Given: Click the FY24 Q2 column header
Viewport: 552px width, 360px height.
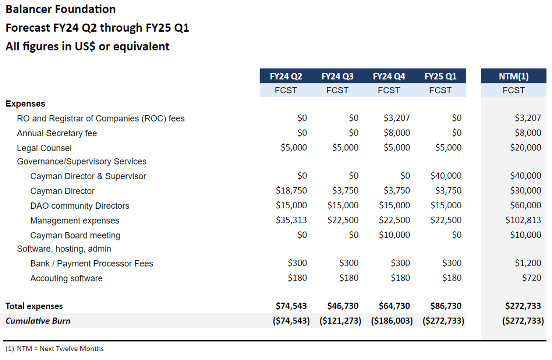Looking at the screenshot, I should [x=286, y=77].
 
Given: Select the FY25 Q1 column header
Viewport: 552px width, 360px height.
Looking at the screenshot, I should [x=440, y=77].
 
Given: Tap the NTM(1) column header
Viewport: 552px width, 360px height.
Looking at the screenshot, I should [x=513, y=77].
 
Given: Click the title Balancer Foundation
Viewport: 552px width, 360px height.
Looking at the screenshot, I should [x=61, y=9].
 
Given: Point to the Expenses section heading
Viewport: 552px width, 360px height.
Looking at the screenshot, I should [x=25, y=104].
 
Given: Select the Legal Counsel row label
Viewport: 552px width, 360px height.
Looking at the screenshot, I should [x=44, y=148].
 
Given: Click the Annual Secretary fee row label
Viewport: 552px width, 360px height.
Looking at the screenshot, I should [x=57, y=133].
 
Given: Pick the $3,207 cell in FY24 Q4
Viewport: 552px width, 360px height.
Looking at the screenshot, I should [x=396, y=118].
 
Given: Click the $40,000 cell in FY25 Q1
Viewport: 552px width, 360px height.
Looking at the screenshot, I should [x=446, y=176].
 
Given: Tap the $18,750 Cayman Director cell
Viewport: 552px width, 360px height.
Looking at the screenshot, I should [x=291, y=191].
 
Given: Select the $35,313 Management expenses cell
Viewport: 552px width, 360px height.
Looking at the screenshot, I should [x=291, y=220].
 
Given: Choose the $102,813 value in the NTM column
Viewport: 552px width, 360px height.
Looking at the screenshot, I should [x=523, y=220].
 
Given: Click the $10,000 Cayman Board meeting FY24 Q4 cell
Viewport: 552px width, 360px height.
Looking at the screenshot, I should [x=394, y=235].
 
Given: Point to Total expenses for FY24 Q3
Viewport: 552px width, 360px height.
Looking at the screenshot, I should [x=343, y=306].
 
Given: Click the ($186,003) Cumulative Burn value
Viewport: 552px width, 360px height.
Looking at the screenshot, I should [x=392, y=321].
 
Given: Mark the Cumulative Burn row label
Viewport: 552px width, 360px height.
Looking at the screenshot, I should [x=38, y=321].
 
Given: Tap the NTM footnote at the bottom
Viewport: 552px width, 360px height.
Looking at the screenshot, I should [x=55, y=349].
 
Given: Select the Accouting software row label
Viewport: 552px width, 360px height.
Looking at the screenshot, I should [x=66, y=278].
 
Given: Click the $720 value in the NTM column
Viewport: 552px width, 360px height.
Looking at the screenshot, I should [x=531, y=278].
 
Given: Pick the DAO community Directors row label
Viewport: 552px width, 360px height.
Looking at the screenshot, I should [x=80, y=206].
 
